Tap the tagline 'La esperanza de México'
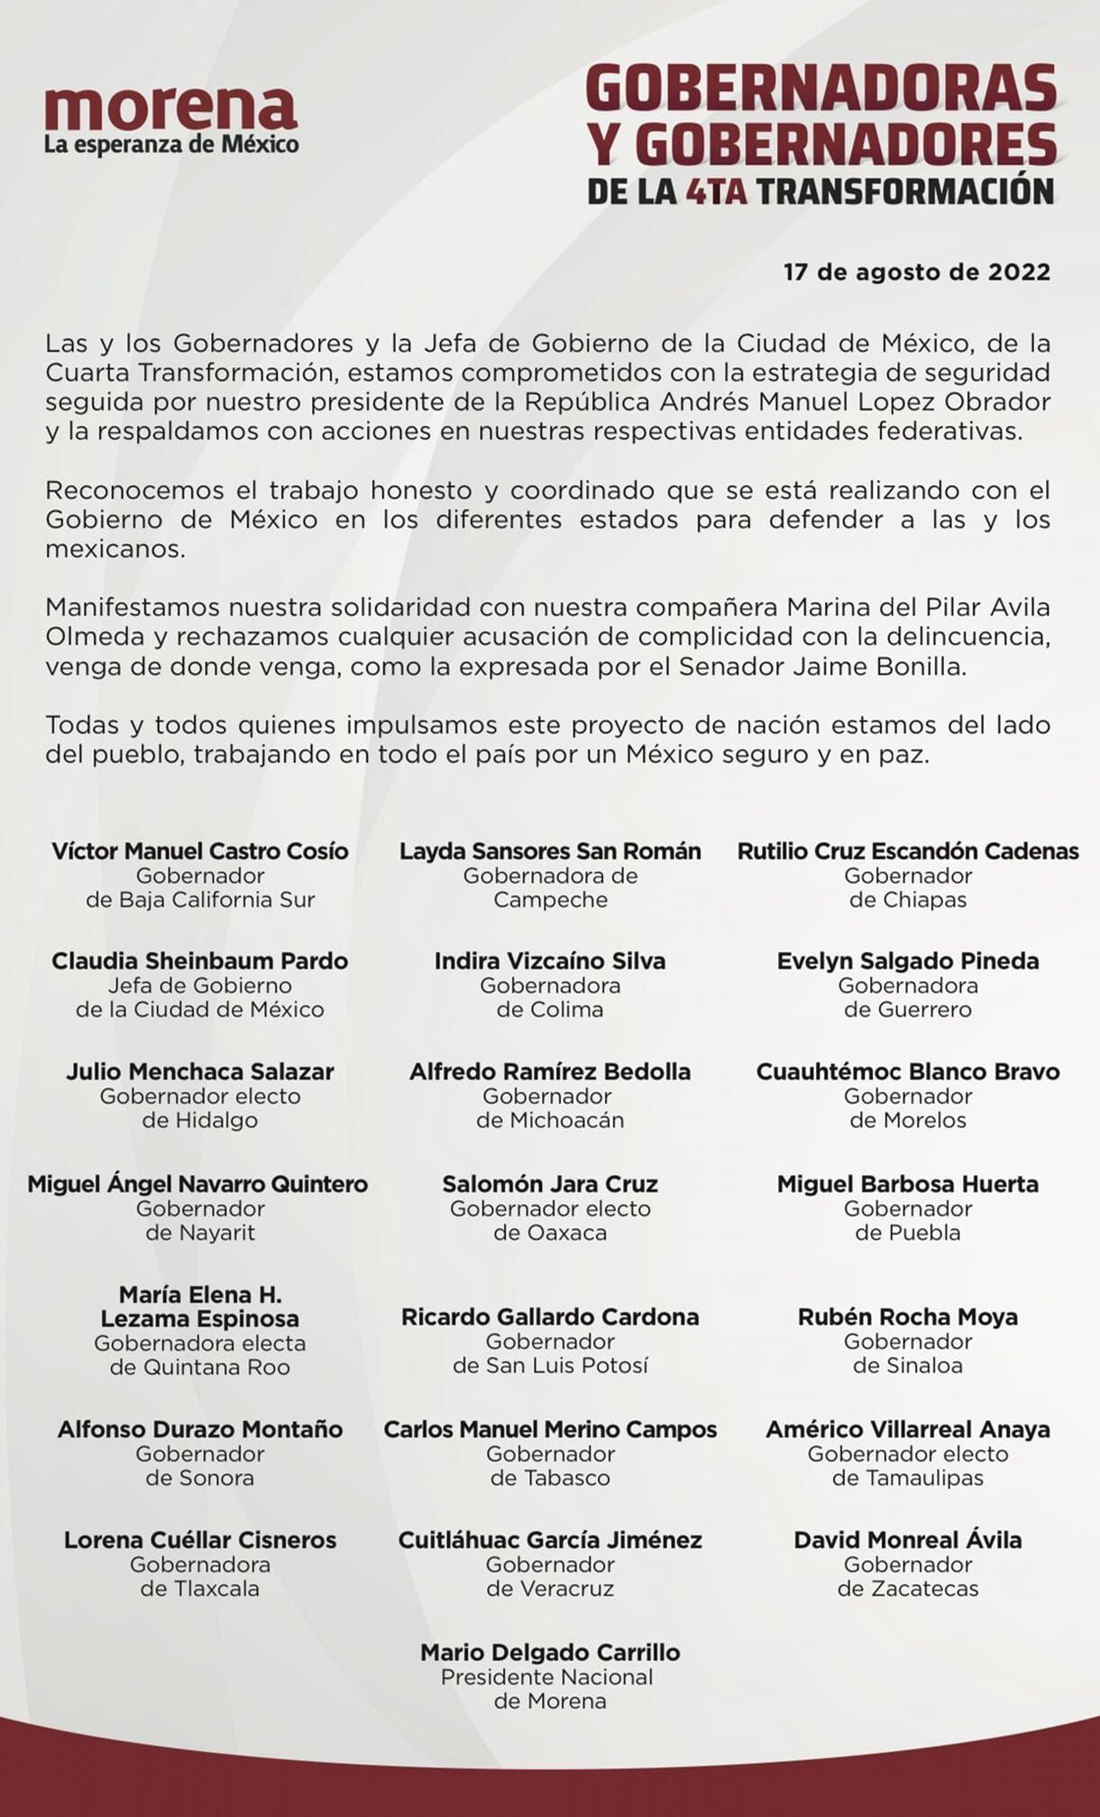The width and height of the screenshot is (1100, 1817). click(x=171, y=144)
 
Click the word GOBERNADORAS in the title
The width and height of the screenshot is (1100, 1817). click(x=820, y=89)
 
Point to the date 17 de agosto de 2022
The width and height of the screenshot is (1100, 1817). click(x=916, y=271)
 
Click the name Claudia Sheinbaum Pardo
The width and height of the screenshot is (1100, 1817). click(x=199, y=961)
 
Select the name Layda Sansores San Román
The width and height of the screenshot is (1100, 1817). click(x=550, y=851)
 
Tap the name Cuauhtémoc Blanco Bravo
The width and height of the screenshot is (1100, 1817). click(x=907, y=1072)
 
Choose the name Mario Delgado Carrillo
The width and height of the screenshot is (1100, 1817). click(x=550, y=1653)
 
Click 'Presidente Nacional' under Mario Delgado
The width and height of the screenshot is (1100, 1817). click(x=547, y=1677)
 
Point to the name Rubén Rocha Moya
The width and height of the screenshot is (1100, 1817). click(x=907, y=1317)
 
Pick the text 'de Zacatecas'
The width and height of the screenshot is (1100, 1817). click(x=907, y=1589)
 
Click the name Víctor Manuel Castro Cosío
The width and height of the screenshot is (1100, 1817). click(x=199, y=851)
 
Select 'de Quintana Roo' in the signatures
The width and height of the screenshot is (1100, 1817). click(x=199, y=1367)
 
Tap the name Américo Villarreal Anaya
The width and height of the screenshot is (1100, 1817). click(x=907, y=1429)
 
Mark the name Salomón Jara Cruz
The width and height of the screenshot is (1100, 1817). click(x=550, y=1184)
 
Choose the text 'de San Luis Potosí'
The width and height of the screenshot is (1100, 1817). click(x=550, y=1365)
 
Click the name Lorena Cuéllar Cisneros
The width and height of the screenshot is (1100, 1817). click(x=199, y=1540)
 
